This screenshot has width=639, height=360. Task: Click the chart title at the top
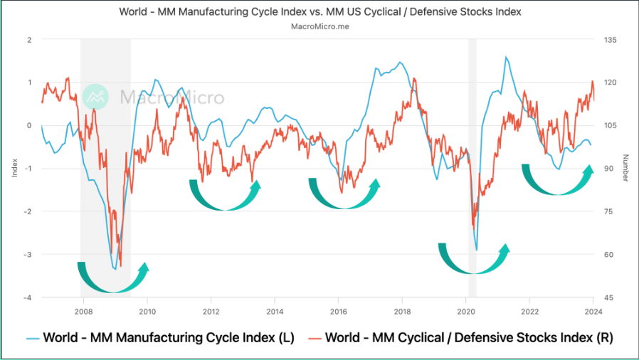pos(319,11)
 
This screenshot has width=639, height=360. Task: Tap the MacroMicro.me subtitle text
pos(319,26)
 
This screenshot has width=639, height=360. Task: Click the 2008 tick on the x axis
pos(83,311)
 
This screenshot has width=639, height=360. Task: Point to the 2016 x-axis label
pos(339,311)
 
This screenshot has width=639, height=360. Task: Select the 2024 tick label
pos(593,311)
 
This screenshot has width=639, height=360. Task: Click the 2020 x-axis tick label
pos(466,311)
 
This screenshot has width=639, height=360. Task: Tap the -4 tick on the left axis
pos(28,297)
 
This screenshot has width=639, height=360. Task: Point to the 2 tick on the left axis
pos(30,40)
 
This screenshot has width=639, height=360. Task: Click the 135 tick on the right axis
pos(610,40)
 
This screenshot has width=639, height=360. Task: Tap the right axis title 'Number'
pos(625,169)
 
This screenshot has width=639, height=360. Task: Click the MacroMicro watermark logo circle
pos(95,97)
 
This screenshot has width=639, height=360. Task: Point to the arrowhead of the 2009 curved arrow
pos(146,267)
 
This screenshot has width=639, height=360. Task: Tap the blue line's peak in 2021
pos(506,58)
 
